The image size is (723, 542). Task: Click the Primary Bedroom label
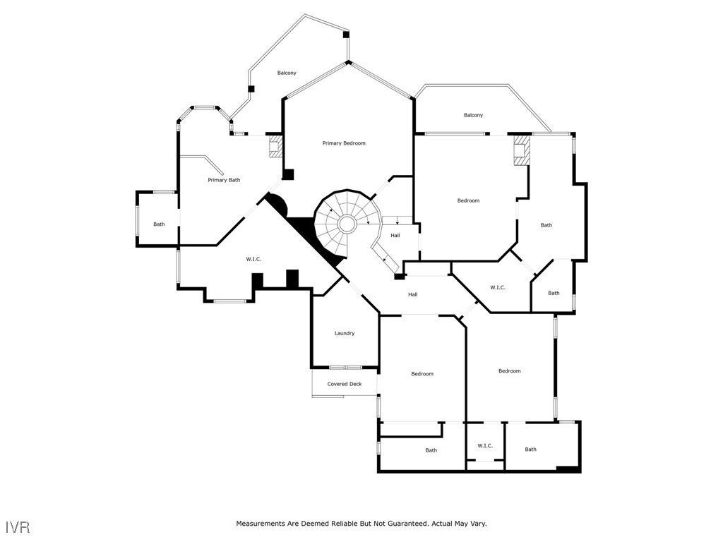point(344,143)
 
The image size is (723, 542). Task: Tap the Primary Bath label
point(224,180)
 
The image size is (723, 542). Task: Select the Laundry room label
point(345,333)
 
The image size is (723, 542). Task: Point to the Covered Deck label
point(345,384)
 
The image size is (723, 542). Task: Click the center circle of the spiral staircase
point(347,224)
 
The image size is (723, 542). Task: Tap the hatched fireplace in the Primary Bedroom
point(275,147)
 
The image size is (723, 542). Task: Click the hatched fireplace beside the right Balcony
point(521,151)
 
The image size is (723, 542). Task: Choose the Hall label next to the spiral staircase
point(395,235)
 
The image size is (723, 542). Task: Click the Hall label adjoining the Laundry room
point(412,294)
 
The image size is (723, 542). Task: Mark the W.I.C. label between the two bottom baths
point(485,445)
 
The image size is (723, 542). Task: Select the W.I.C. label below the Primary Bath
point(254,259)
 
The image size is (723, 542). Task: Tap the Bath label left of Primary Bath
point(160,224)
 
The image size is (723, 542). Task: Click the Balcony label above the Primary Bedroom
point(287,73)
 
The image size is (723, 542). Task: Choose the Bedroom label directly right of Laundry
point(422,373)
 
